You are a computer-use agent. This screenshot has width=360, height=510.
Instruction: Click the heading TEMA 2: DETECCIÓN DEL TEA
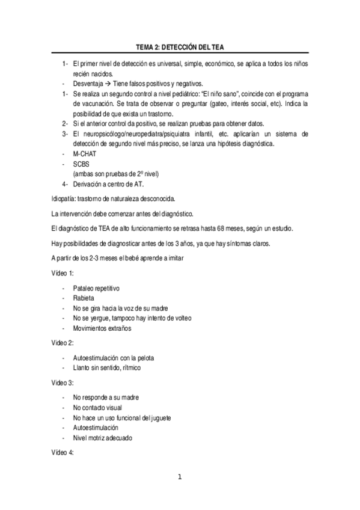point(180,48)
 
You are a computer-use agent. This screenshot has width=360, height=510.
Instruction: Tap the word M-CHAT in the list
point(84,154)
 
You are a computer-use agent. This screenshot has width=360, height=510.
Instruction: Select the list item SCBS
point(81,164)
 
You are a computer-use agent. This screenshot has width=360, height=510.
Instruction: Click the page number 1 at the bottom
point(179,478)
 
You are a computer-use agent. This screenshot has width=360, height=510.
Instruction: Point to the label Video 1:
point(62,273)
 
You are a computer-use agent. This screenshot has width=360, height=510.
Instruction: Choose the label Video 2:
point(62,342)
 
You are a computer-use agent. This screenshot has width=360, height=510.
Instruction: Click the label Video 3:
point(62,382)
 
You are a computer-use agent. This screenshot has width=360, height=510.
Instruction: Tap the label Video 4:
point(62,453)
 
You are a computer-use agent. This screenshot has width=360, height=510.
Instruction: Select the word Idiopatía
point(63,198)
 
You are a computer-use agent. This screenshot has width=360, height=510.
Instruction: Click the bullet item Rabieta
point(84,298)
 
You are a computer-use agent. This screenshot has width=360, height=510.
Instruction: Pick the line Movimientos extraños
point(102,328)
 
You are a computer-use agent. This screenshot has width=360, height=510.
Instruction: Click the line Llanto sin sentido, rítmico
point(108,367)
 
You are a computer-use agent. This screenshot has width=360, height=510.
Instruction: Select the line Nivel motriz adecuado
point(102,438)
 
